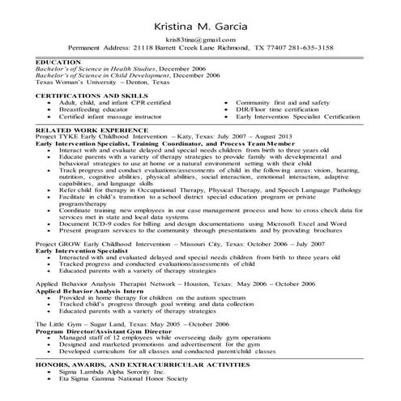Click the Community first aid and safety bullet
click(x=282, y=104)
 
